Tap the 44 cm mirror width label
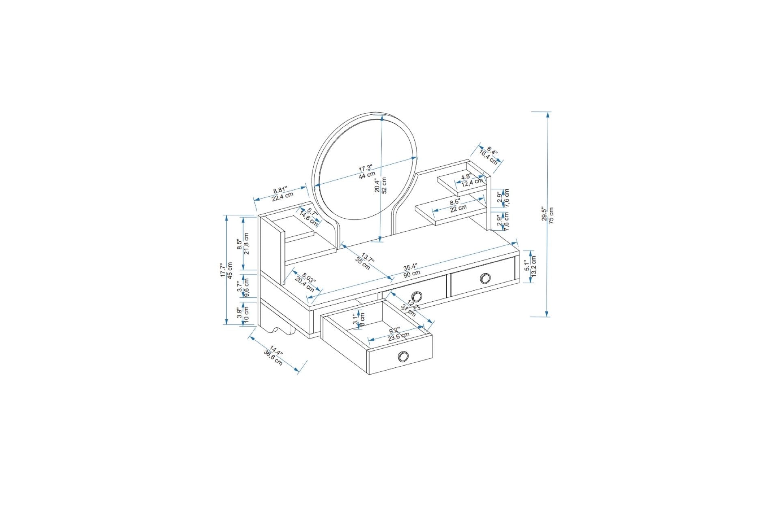coord(367,176)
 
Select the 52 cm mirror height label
coord(384,184)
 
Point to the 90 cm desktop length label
coord(412,274)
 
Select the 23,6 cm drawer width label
coord(398,336)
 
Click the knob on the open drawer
coord(403,356)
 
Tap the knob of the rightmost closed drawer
coord(485,278)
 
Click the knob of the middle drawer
coord(417,296)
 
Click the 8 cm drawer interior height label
coord(362,319)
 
